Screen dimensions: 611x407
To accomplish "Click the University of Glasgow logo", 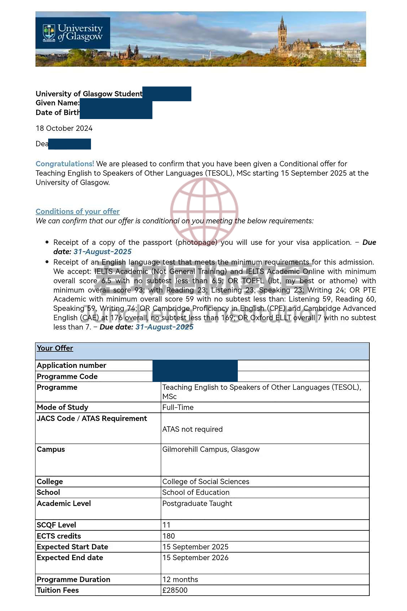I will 73,33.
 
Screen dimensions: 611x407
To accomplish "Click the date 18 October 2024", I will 64,128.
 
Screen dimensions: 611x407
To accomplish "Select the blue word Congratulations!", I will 65,164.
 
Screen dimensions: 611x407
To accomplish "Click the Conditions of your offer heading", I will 78,212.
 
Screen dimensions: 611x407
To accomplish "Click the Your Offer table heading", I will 55,348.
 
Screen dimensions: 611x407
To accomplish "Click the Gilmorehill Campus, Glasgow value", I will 211,449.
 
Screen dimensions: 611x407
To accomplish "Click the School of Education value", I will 196,492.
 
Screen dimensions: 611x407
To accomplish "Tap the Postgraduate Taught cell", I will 197,504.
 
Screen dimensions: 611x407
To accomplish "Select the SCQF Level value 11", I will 166,525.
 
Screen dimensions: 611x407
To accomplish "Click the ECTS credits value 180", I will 169,536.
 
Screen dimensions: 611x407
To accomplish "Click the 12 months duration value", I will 180,580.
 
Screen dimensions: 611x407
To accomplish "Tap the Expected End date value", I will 195,558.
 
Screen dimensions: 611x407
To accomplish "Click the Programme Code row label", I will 67,377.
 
